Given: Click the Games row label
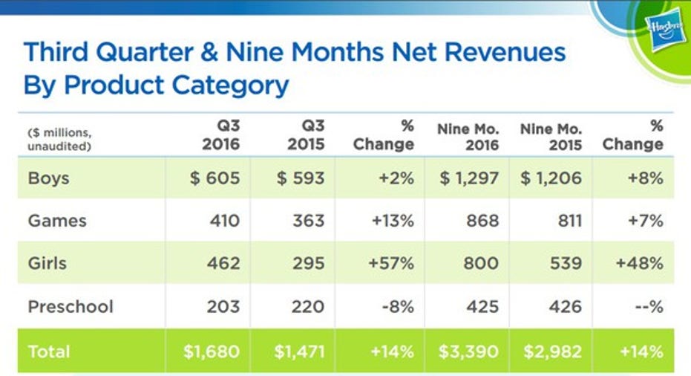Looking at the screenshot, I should [x=57, y=221].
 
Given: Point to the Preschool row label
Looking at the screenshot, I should [x=71, y=305].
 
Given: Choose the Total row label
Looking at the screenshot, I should [x=49, y=351].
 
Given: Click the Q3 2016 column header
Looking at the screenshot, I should [x=220, y=134].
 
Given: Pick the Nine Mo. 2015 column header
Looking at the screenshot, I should [x=550, y=136].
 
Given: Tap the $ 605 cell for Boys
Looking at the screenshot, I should [x=214, y=179].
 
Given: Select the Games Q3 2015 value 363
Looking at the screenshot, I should [x=308, y=221].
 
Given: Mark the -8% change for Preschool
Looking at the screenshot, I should [x=396, y=305].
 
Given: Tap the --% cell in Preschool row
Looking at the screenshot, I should [x=646, y=305].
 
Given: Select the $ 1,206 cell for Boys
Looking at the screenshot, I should [x=550, y=179].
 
